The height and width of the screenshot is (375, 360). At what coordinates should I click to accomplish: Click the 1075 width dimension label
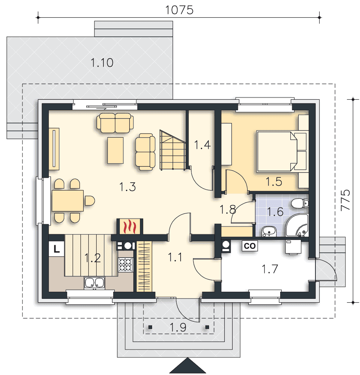(179, 10)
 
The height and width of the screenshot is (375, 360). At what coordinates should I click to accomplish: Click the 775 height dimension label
(345, 200)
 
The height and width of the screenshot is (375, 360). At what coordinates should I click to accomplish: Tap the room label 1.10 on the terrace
(102, 63)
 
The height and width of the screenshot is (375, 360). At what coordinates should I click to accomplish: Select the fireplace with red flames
(130, 226)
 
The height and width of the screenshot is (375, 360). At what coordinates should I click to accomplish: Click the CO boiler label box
(250, 246)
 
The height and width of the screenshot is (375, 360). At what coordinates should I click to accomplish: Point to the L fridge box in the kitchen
(57, 249)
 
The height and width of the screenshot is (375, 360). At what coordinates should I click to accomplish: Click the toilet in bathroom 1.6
(300, 203)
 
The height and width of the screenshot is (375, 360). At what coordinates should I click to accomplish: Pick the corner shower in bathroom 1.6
(297, 225)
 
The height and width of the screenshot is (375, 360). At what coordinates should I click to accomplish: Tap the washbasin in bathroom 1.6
(269, 231)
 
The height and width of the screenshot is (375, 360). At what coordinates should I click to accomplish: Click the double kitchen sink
(95, 282)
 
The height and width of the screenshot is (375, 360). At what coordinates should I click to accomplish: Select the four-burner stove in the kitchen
(125, 265)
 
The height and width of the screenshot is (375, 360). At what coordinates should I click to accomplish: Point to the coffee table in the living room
(115, 150)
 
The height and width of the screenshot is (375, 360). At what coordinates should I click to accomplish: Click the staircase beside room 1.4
(173, 150)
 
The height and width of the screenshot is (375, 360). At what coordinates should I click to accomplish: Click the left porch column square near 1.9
(150, 327)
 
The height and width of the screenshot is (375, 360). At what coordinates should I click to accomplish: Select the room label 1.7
(270, 269)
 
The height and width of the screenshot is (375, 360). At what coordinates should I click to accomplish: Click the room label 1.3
(128, 187)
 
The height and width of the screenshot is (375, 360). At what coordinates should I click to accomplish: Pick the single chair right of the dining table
(90, 201)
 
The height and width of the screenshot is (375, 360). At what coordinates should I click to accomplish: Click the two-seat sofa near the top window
(115, 123)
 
